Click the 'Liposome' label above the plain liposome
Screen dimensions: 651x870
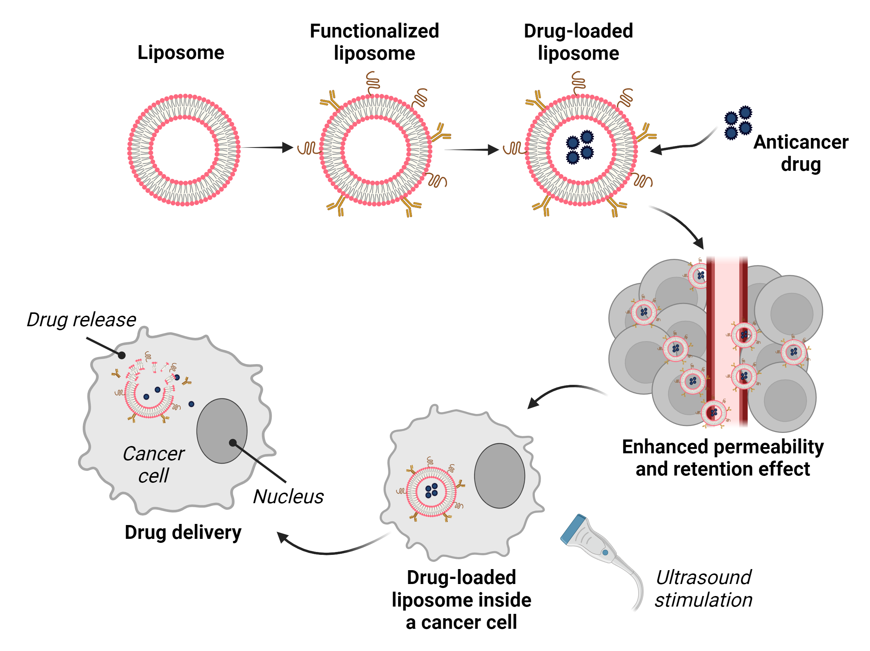[x=181, y=53]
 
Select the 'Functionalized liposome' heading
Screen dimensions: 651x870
[x=374, y=42]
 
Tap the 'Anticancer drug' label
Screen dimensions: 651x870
[x=800, y=153]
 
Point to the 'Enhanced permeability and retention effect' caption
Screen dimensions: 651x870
[x=722, y=458]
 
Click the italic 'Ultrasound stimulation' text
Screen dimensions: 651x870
[x=703, y=588]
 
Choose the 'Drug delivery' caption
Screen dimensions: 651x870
[x=183, y=532]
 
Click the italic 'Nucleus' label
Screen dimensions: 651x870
[x=288, y=497]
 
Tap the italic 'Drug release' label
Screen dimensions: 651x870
[x=81, y=320]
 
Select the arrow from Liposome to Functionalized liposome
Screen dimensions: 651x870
[x=267, y=148]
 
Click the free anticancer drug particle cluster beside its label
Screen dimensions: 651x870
[x=738, y=123]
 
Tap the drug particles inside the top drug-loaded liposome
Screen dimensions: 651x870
[x=580, y=147]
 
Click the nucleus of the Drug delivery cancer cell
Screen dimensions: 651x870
[x=222, y=431]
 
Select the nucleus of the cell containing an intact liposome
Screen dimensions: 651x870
[x=499, y=476]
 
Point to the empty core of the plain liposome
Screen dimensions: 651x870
[x=184, y=150]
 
